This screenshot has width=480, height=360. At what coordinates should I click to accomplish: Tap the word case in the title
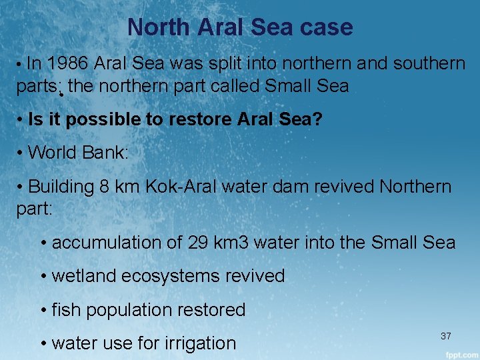pyautogui.click(x=326, y=27)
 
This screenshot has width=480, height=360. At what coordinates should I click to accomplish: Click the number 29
pyautogui.click(x=199, y=243)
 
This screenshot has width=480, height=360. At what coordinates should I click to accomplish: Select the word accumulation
pyautogui.click(x=109, y=243)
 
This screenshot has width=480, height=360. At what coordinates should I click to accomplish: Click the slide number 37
pyautogui.click(x=446, y=336)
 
